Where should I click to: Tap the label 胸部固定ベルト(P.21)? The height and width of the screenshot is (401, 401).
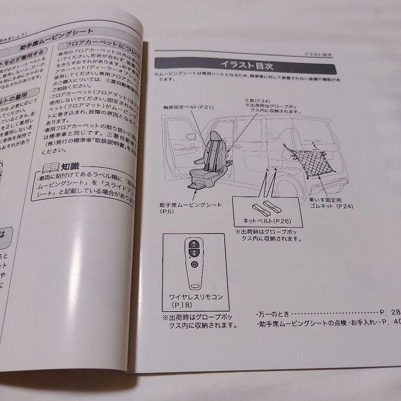point(188,108)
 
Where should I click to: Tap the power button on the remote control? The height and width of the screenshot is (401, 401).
point(194,264)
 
